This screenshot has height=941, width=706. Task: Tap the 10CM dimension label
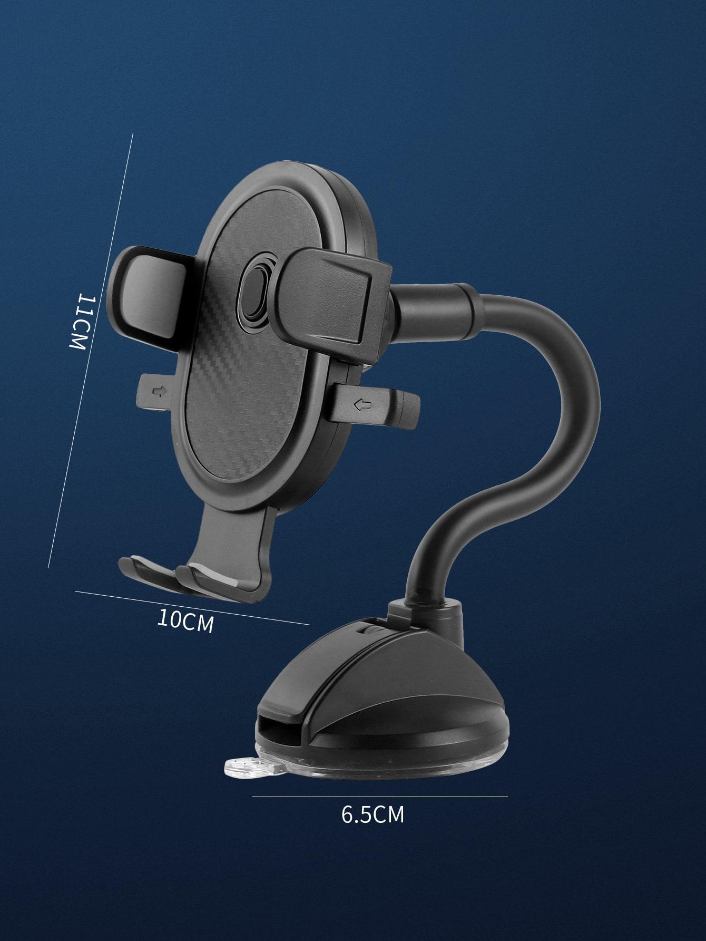186,620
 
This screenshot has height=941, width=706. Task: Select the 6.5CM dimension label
372,814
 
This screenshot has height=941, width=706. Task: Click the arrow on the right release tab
363,405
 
